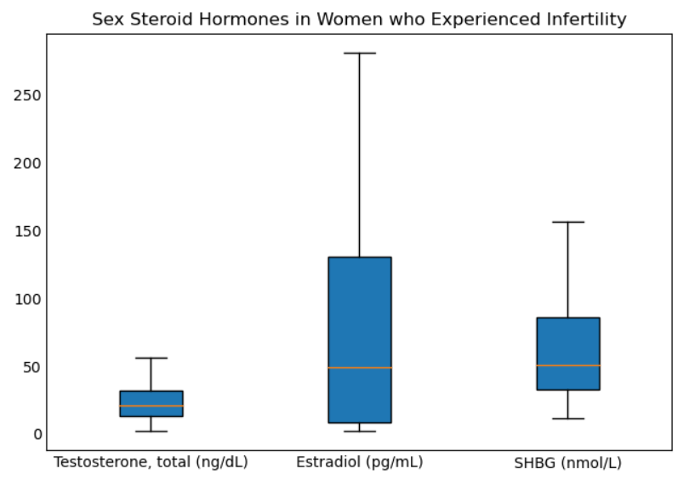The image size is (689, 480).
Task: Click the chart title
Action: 359,19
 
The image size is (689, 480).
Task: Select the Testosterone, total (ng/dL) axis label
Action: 151,463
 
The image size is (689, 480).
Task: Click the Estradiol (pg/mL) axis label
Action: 360,463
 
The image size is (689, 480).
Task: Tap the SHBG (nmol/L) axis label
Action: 567,464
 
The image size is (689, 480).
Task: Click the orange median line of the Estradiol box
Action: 360,368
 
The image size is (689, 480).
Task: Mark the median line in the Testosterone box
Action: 151,406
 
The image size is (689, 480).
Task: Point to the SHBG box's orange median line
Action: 568,365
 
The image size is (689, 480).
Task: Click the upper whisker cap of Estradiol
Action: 360,53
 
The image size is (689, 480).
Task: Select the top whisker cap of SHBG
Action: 568,222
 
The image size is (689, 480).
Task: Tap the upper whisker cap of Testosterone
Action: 151,358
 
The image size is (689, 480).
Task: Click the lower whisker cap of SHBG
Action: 568,419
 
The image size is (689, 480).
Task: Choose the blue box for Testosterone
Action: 151,398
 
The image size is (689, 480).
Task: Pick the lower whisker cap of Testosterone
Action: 151,432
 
